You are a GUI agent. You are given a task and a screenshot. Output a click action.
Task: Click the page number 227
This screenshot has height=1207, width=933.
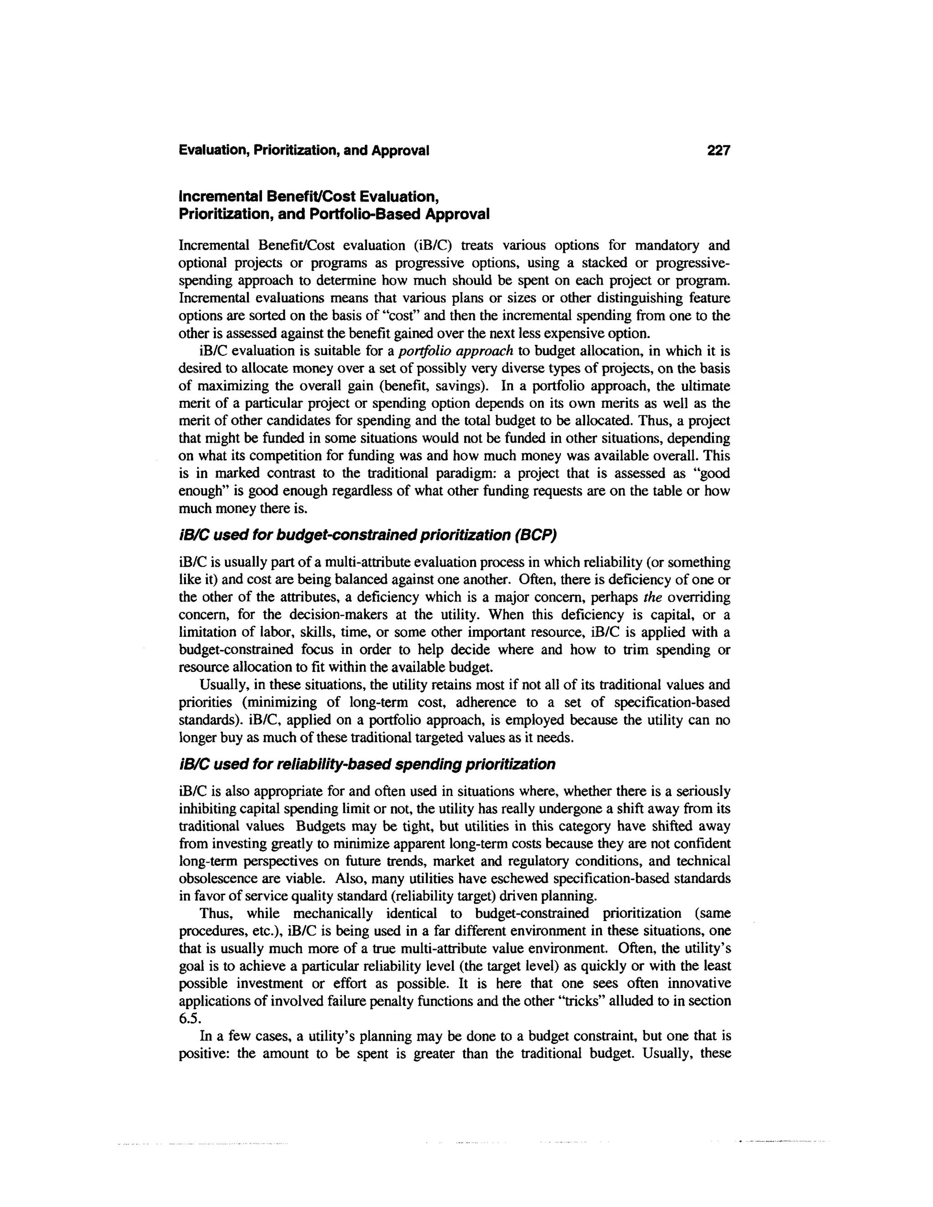[x=718, y=150]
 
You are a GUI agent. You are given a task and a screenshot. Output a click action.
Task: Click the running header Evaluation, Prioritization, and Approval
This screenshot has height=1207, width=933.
[x=304, y=150]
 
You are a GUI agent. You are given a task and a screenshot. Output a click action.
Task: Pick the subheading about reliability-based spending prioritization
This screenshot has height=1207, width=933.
[x=367, y=764]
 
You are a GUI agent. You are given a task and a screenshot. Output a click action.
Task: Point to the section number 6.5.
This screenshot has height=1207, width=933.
[x=189, y=1019]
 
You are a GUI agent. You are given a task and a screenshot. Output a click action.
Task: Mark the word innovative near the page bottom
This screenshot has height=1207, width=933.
[x=699, y=984]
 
